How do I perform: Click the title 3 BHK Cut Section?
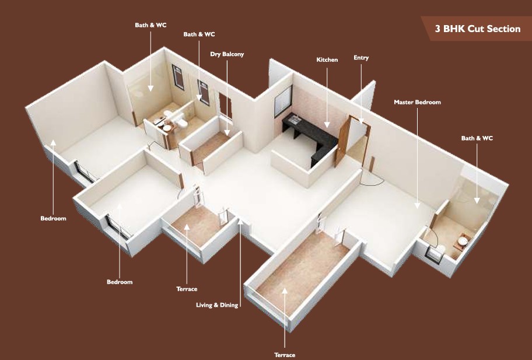tap(478, 29)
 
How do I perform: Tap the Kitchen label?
tap(327, 60)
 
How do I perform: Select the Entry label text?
tap(361, 58)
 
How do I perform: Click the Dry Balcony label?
tap(227, 54)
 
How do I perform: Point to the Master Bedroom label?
tap(417, 102)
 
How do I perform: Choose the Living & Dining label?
tap(217, 305)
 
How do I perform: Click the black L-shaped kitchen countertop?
tap(310, 137)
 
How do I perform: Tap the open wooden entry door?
tap(342, 141)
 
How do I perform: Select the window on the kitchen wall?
tap(283, 101)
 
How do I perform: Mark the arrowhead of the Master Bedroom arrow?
tap(417, 205)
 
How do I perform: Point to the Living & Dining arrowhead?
tap(240, 222)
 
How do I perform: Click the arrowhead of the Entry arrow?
tap(361, 121)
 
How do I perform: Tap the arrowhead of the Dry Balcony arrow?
tap(227, 132)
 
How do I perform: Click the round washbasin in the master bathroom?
tap(463, 241)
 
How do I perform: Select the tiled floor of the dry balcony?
tap(211, 146)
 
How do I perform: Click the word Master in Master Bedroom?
tap(405, 102)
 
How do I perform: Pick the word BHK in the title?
tap(454, 29)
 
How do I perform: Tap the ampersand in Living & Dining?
tap(216, 305)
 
